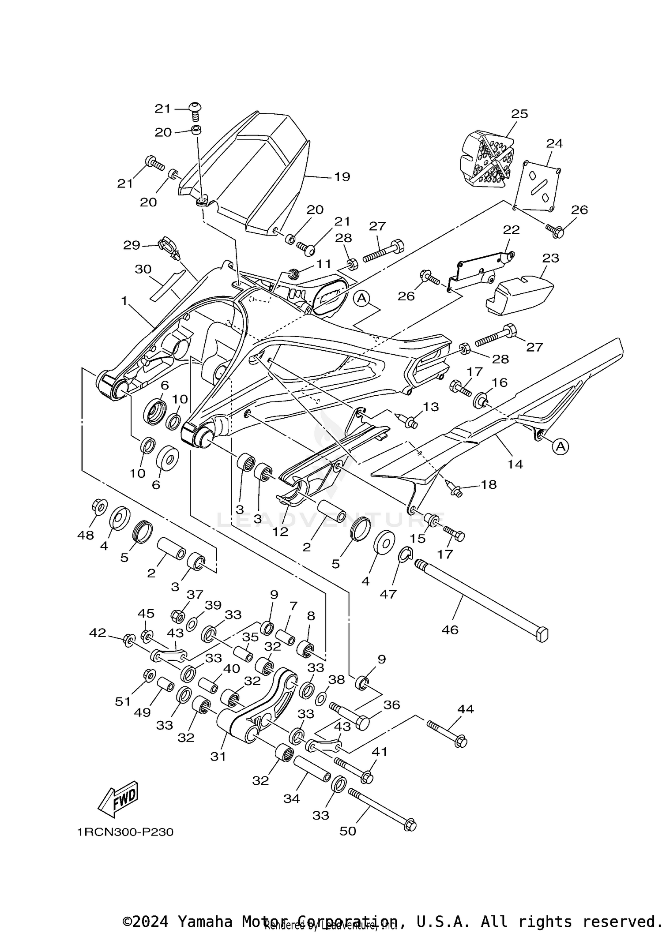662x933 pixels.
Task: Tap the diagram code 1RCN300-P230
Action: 125,832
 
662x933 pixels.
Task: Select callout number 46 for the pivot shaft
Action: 450,630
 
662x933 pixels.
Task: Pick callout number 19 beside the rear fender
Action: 342,177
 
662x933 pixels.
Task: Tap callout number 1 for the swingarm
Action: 124,301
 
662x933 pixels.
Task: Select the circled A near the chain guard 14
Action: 560,446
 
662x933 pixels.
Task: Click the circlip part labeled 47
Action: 406,555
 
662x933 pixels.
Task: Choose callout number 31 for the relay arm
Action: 218,757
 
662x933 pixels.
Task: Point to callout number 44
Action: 466,709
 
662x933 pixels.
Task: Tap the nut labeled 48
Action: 98,507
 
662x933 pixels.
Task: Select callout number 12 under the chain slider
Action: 280,532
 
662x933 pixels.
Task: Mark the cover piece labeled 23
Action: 519,294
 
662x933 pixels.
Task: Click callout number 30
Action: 143,269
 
